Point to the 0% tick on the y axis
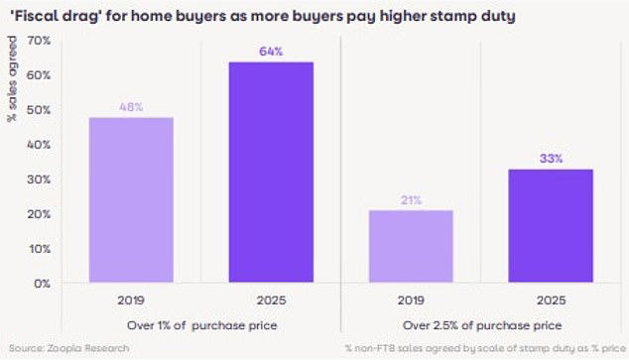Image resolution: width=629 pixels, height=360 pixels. (x=41, y=284)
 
